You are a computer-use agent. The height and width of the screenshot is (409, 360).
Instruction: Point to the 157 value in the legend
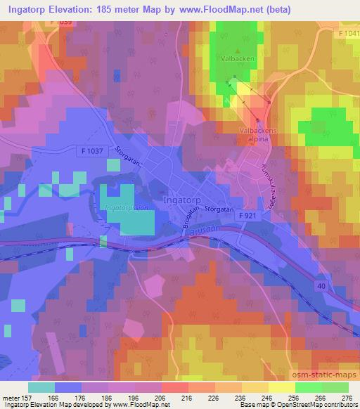pos(20,396)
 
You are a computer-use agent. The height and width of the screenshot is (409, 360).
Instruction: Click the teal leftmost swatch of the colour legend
pos(41,387)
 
